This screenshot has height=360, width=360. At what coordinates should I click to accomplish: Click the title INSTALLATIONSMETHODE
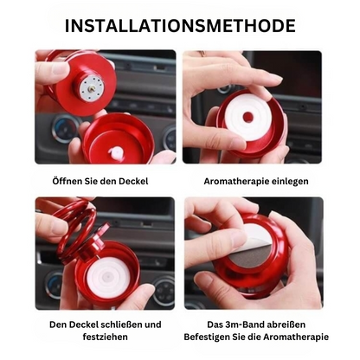[180, 25]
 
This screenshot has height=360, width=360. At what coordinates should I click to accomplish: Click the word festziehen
[106, 339]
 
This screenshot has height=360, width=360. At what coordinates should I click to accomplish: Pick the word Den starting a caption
[59, 325]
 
